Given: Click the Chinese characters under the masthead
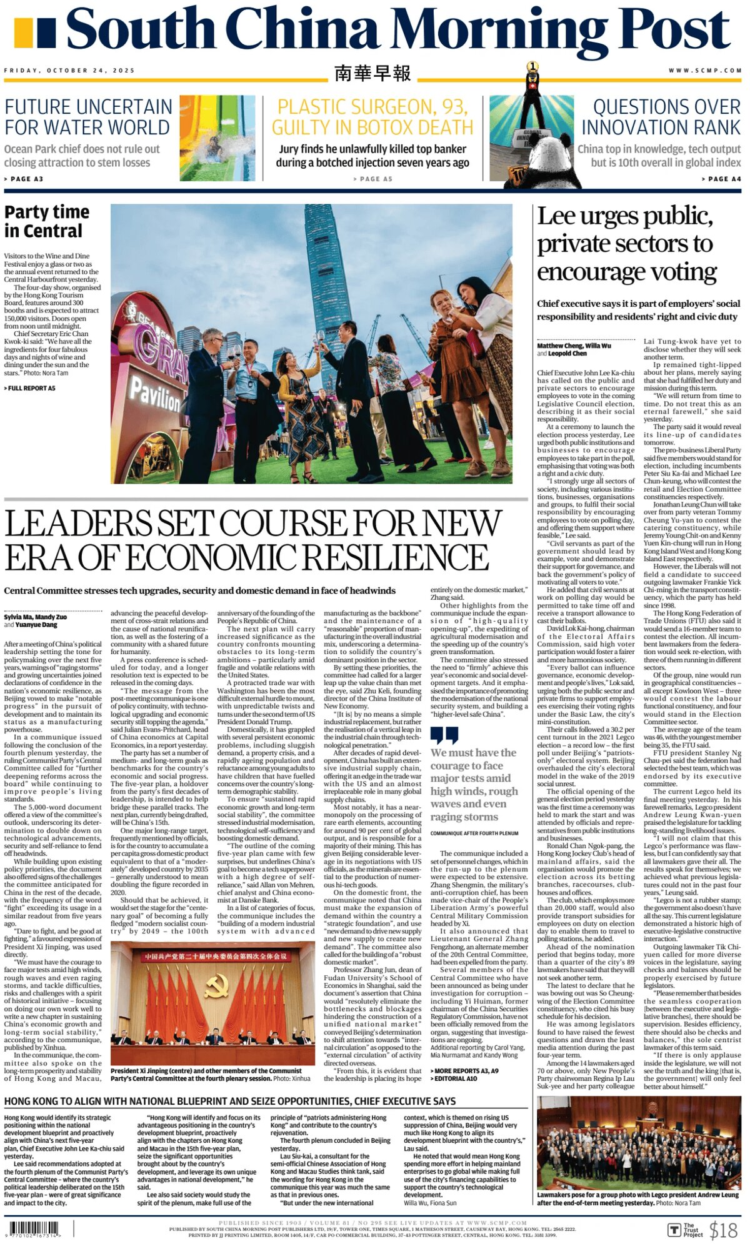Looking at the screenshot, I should point(372,73).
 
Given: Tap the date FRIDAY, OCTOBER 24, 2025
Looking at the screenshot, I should point(69,71).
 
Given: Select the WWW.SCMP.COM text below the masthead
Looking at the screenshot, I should point(705,71).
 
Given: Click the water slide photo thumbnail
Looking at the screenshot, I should point(217,138).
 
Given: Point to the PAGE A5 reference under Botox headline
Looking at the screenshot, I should point(372,179).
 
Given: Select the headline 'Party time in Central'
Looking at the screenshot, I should point(47,221).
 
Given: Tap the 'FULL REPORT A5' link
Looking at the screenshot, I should point(30,389).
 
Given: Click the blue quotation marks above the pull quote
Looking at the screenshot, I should point(444,735).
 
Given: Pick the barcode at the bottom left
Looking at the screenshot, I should point(34,1228).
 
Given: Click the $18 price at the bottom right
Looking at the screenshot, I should point(724,1230).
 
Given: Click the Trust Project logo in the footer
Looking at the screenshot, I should point(685,1230).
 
